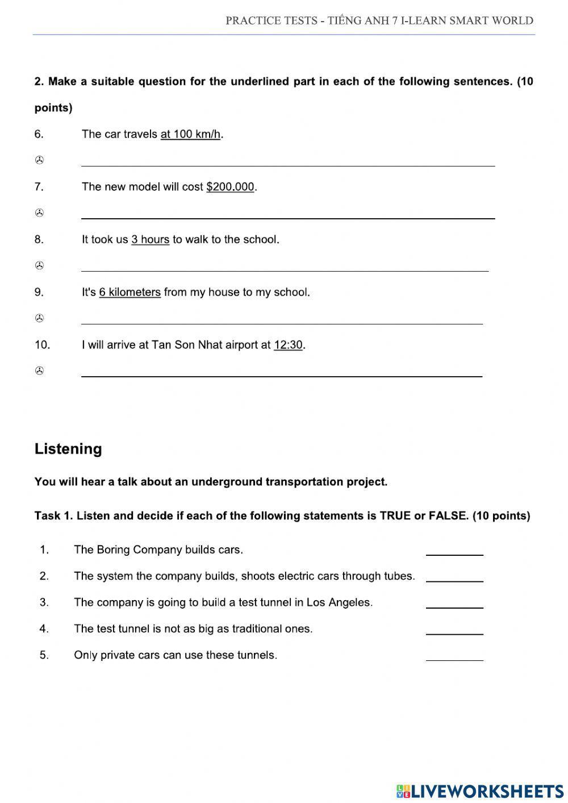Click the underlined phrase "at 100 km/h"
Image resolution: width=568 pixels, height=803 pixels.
[x=190, y=135]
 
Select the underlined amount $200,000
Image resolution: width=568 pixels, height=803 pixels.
[x=230, y=187]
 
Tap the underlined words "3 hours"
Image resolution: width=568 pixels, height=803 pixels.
[x=150, y=240]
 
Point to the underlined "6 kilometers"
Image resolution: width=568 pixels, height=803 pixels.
[x=130, y=293]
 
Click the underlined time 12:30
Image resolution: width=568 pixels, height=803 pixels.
[x=288, y=345]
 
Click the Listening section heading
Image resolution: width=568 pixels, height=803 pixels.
[x=68, y=449]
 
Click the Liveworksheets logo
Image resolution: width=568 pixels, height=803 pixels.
[x=479, y=790]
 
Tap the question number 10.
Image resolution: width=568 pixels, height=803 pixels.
[x=42, y=345]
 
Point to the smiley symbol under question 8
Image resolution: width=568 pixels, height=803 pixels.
[x=39, y=266]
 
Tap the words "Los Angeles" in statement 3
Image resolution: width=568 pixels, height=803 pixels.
[x=339, y=602]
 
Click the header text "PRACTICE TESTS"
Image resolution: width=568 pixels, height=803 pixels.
[x=271, y=21]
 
